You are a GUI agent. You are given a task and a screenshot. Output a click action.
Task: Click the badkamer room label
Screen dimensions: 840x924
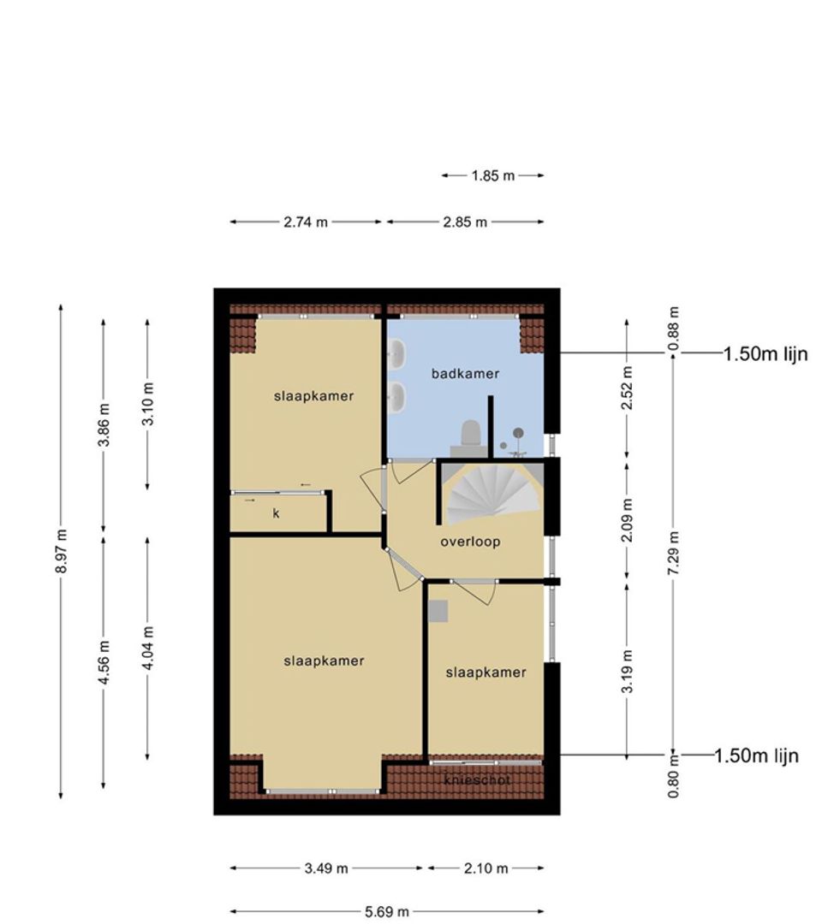(465, 373)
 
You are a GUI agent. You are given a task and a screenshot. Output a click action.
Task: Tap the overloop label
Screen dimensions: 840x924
(470, 542)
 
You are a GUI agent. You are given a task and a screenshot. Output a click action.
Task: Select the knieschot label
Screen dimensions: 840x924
(477, 779)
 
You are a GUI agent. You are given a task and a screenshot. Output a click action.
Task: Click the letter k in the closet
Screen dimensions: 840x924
(276, 513)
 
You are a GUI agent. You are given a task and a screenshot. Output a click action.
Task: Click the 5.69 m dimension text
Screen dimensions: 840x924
(386, 912)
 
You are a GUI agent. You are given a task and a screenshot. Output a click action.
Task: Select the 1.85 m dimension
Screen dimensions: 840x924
(492, 175)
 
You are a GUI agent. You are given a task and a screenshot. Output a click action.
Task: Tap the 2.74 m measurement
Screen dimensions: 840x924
(306, 222)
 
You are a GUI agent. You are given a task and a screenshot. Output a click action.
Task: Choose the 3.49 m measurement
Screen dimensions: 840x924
(326, 868)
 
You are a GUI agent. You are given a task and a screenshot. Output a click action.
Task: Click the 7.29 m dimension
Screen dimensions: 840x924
(674, 553)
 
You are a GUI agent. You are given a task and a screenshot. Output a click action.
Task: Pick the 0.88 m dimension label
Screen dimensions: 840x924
(674, 329)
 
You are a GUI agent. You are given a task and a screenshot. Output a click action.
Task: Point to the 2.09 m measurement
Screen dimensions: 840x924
(627, 520)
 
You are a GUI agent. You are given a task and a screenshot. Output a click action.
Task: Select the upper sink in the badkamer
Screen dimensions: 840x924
(397, 353)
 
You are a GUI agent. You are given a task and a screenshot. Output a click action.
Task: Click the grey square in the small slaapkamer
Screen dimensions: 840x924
(438, 611)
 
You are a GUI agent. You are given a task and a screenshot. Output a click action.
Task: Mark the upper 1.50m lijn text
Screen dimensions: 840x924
(766, 353)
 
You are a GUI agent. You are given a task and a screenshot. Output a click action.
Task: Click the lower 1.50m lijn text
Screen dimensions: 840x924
(757, 755)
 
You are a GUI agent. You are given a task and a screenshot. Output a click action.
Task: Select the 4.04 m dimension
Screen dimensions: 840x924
(147, 648)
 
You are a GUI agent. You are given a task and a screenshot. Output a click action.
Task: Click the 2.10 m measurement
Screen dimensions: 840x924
(486, 868)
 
